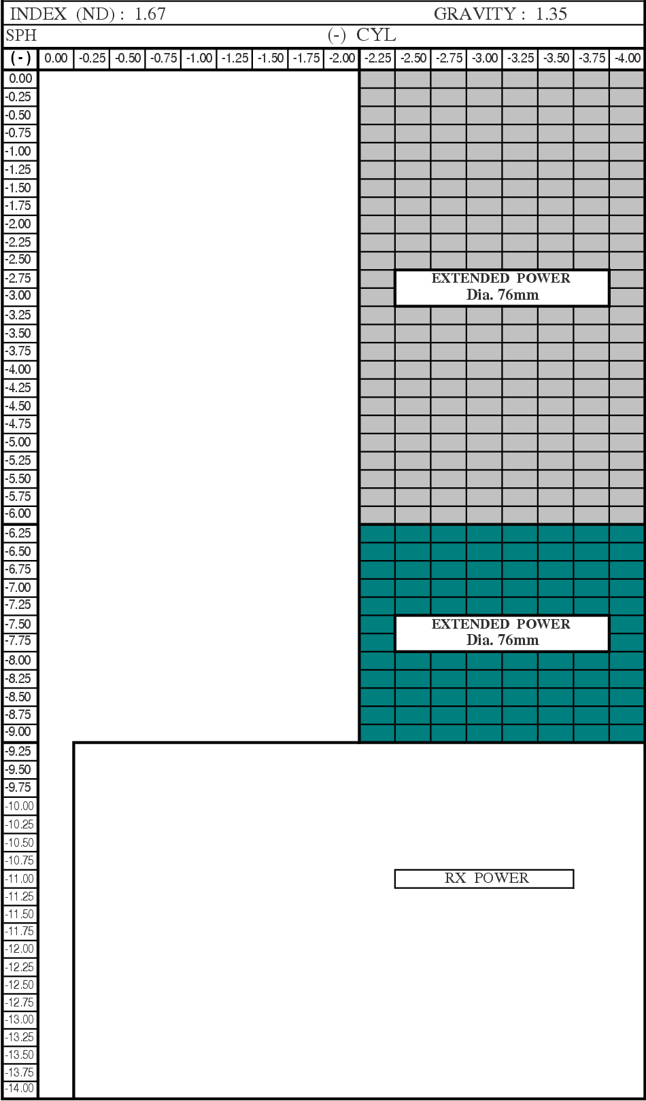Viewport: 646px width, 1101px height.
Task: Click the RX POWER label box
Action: pos(483,878)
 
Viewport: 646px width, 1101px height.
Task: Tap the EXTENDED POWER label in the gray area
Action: pos(501,287)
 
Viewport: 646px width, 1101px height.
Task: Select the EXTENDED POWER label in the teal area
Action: pos(501,633)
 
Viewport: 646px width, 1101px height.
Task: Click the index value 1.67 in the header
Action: pos(150,14)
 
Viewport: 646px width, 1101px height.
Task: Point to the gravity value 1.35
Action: pos(551,14)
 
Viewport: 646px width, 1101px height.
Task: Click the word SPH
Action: pos(21,35)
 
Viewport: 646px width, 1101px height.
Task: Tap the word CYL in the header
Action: pos(376,35)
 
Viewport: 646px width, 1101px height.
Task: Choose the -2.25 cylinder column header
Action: pos(377,58)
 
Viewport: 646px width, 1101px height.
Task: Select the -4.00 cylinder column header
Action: pos(628,58)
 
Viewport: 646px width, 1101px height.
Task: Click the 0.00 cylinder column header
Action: pos(56,58)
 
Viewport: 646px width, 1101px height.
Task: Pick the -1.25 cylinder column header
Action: pos(235,58)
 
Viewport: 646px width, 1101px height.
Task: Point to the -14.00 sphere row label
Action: pos(20,1088)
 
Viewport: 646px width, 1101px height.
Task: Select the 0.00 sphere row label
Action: pos(20,79)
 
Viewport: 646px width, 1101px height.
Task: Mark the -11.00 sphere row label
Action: pos(20,878)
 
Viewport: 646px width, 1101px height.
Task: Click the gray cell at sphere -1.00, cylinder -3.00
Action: pos(484,152)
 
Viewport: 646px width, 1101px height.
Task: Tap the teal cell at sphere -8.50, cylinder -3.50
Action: pos(556,697)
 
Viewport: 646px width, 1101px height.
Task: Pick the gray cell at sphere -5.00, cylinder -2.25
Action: pos(377,442)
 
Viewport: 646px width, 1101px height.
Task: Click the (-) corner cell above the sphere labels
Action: pos(20,58)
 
